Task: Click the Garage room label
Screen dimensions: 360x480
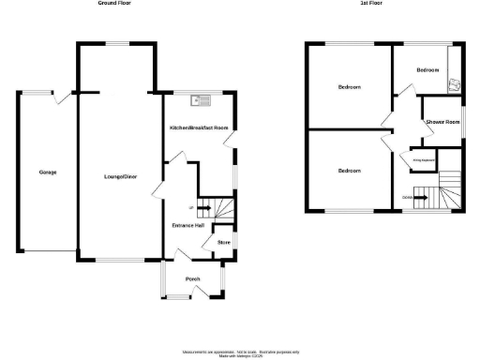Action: pyautogui.click(x=47, y=172)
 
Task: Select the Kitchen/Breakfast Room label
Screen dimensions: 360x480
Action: pyautogui.click(x=199, y=127)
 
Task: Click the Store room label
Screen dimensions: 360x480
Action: pyautogui.click(x=224, y=243)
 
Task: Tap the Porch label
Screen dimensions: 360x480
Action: pyautogui.click(x=193, y=279)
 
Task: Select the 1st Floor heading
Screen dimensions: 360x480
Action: pyautogui.click(x=370, y=4)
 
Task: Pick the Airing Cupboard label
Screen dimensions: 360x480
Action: pyautogui.click(x=424, y=160)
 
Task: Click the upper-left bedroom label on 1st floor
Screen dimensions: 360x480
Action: pyautogui.click(x=350, y=87)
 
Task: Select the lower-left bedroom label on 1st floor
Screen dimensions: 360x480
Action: pyautogui.click(x=350, y=171)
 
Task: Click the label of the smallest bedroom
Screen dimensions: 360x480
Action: pyautogui.click(x=427, y=70)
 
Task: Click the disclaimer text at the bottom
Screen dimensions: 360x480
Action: pyautogui.click(x=240, y=352)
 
